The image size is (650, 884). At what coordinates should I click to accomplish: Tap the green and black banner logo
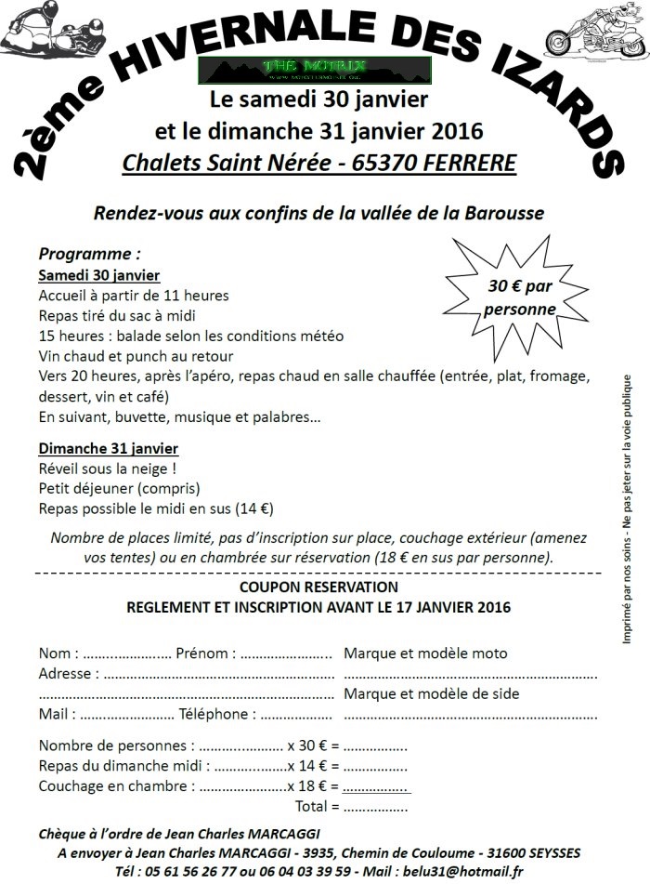click(x=317, y=69)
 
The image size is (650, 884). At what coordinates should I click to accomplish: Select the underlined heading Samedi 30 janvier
click(x=99, y=275)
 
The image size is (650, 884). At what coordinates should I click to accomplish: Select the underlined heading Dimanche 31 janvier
click(x=108, y=449)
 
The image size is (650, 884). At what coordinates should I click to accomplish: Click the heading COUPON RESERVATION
click(x=318, y=587)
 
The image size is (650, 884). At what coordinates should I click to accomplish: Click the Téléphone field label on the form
click(x=217, y=714)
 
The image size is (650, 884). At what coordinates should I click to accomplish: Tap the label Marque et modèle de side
click(x=432, y=693)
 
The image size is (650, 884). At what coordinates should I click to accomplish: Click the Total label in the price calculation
click(x=310, y=805)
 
